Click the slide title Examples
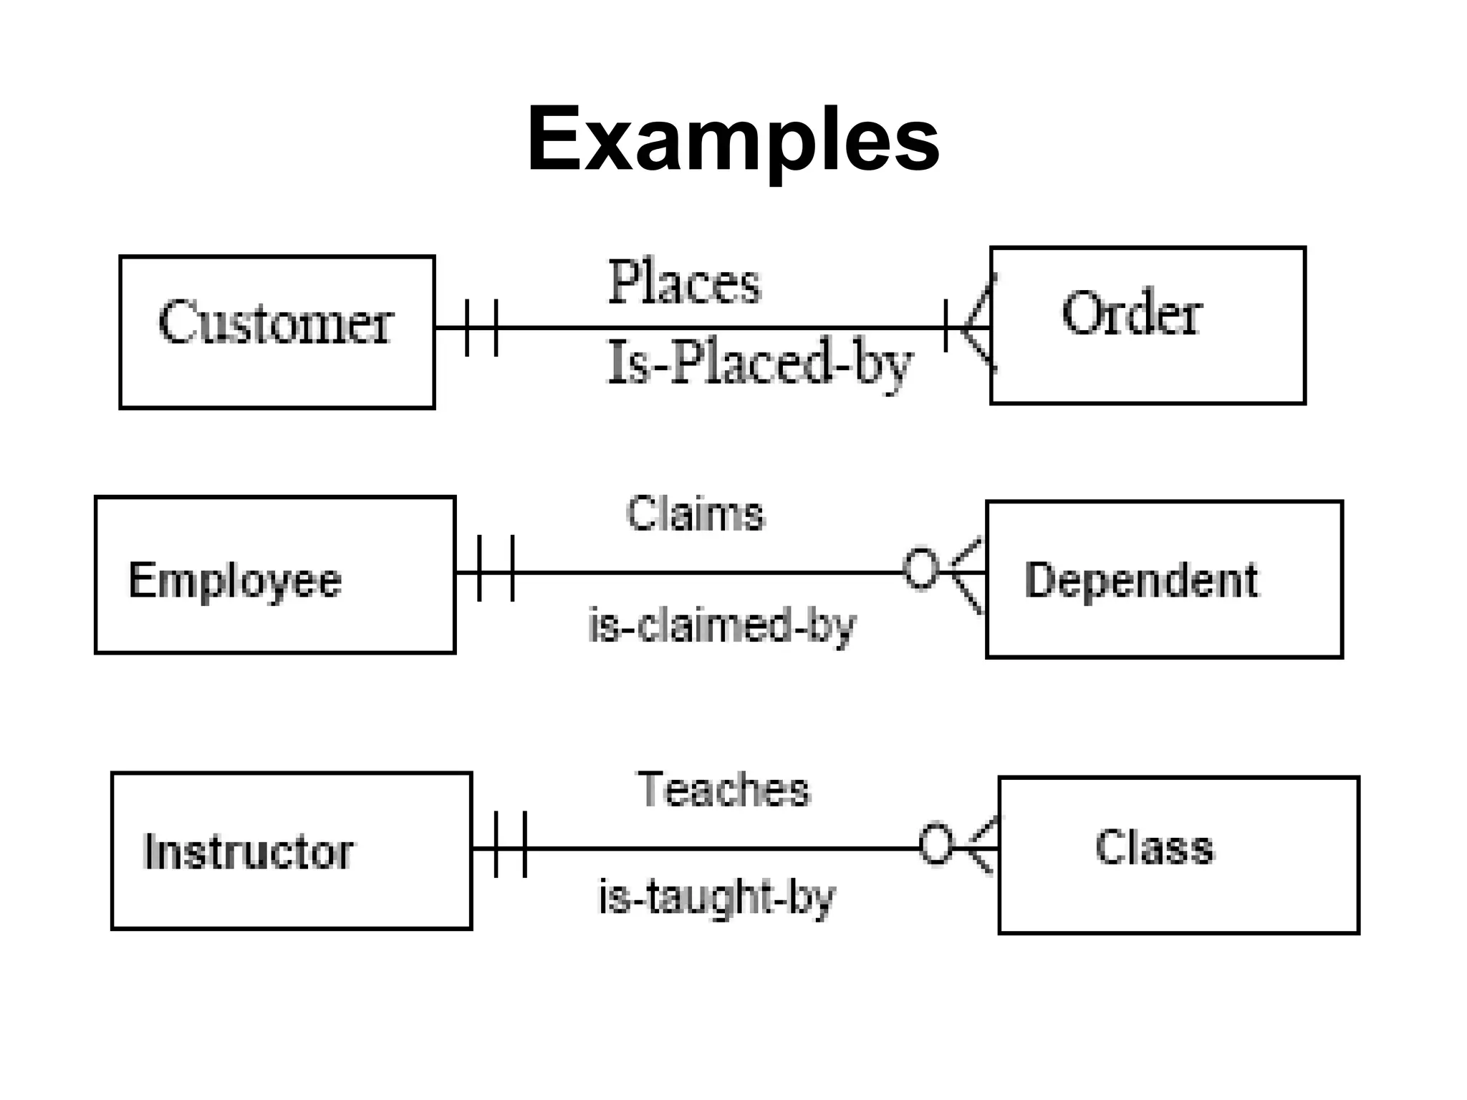tap(733, 140)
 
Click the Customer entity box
tap(276, 332)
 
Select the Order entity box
tap(1148, 325)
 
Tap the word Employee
tap(235, 580)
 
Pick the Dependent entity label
tap(1141, 579)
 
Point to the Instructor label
tap(248, 851)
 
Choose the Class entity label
tap(1155, 847)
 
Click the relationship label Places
tap(684, 283)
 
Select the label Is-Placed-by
tap(759, 364)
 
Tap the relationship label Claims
tap(696, 513)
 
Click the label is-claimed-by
tap(722, 625)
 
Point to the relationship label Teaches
tap(723, 789)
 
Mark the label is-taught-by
tap(717, 897)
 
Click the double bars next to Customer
tap(481, 328)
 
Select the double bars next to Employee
tap(496, 568)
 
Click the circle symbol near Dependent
tap(921, 569)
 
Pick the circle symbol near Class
tap(936, 844)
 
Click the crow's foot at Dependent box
tap(968, 574)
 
